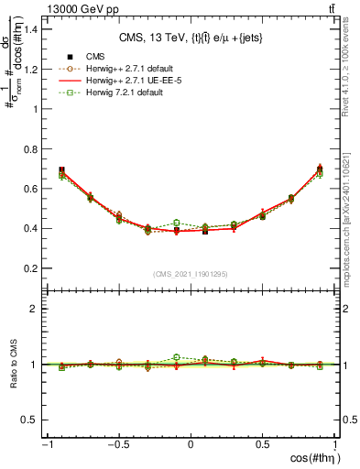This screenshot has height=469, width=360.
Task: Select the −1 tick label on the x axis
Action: pyautogui.click(x=45, y=446)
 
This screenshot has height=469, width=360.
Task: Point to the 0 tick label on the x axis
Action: pyautogui.click(x=191, y=446)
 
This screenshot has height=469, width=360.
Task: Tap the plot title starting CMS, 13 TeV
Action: pyautogui.click(x=191, y=38)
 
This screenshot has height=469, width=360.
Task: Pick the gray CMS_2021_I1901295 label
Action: pyautogui.click(x=191, y=274)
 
